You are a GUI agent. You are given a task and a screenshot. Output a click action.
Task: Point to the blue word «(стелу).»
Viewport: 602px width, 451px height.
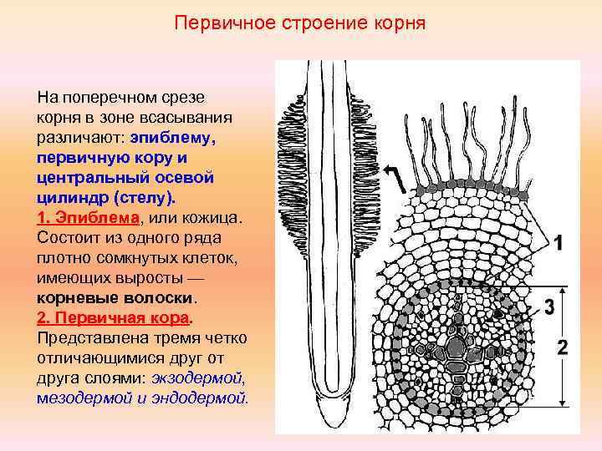point(140,197)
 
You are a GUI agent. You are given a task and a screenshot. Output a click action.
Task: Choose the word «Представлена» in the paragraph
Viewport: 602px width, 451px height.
point(89,337)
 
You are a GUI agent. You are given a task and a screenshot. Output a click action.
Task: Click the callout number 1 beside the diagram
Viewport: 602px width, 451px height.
point(559,243)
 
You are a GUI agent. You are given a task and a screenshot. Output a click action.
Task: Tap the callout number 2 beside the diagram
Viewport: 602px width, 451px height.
point(562,347)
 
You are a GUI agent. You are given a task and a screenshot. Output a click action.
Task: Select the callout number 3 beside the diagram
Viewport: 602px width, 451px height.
point(548,307)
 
